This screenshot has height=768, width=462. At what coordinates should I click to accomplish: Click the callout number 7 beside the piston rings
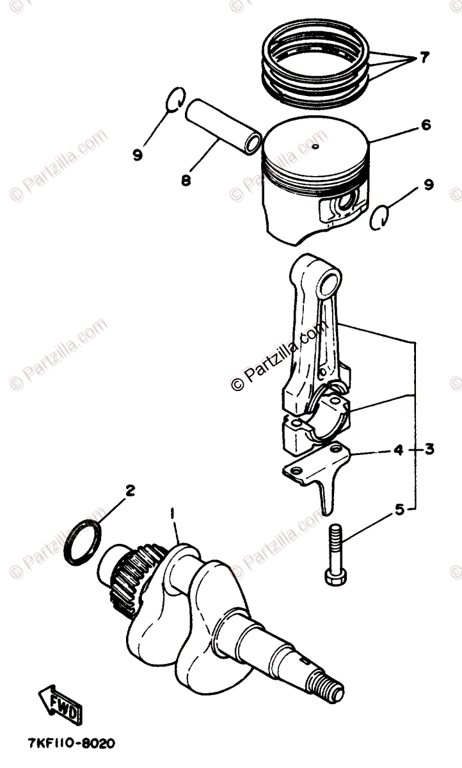[x=424, y=58]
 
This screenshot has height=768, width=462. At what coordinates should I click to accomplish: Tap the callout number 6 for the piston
[x=426, y=125]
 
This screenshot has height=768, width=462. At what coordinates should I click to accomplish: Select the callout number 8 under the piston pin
[x=186, y=180]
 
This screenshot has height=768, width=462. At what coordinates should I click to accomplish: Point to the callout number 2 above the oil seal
[x=130, y=491]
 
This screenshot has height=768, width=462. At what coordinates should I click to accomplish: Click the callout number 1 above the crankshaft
[x=173, y=524]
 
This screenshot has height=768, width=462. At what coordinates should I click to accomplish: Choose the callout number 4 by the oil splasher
[x=398, y=449]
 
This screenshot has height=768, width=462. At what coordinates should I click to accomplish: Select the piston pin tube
[x=223, y=125]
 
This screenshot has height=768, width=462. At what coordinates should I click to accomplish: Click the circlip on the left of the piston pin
[x=175, y=99]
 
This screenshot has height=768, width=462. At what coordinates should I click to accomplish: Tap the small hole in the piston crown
[x=315, y=147]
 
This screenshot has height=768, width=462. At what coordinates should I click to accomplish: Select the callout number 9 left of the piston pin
[x=138, y=155]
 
